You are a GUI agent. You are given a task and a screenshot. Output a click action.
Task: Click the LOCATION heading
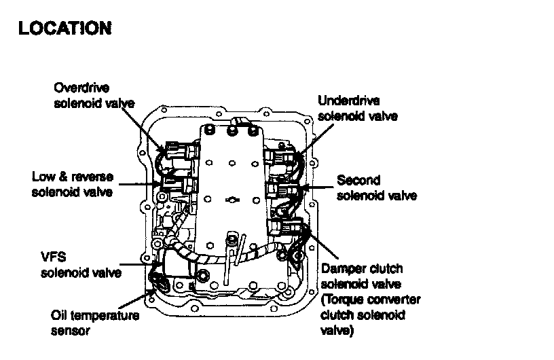(x=64, y=29)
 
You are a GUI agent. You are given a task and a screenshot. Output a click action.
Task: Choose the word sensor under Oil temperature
(x=71, y=331)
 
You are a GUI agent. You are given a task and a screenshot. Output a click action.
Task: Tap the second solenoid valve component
(x=280, y=188)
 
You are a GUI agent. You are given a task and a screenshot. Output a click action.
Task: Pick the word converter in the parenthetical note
(x=394, y=300)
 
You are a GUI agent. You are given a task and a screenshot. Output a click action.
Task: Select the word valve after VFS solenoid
(x=105, y=273)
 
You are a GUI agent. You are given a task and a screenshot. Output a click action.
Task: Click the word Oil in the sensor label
(x=60, y=316)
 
